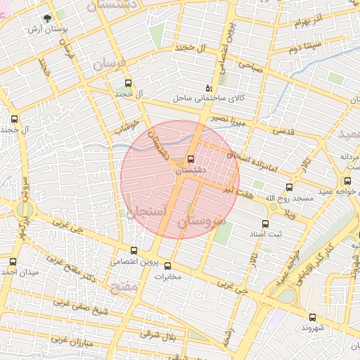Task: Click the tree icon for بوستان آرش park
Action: point(47,18)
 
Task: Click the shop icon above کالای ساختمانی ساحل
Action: point(208,88)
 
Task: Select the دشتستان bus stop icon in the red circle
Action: point(191,158)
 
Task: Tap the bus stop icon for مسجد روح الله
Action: point(289,187)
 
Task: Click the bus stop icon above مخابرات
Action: point(167,266)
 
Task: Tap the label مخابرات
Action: point(168,277)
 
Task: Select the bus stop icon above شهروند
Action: point(312,317)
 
